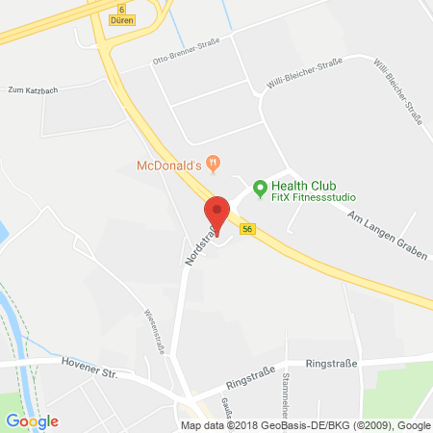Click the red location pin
(x=217, y=214)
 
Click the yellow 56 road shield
(x=247, y=229)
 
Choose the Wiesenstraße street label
(x=151, y=327)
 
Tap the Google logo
(x=31, y=420)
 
